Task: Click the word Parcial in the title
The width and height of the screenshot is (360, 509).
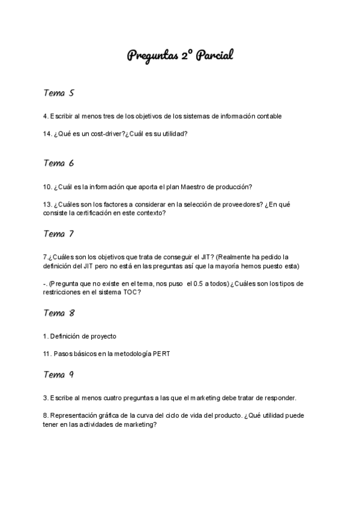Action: [212, 56]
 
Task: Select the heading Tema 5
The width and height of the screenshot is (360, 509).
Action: [58, 93]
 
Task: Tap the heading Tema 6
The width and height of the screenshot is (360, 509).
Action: [58, 163]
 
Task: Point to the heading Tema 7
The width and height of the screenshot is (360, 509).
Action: [58, 233]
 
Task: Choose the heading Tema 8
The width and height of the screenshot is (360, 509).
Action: [58, 313]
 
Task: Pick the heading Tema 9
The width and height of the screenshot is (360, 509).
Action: [58, 375]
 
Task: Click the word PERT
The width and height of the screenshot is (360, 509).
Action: [160, 354]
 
